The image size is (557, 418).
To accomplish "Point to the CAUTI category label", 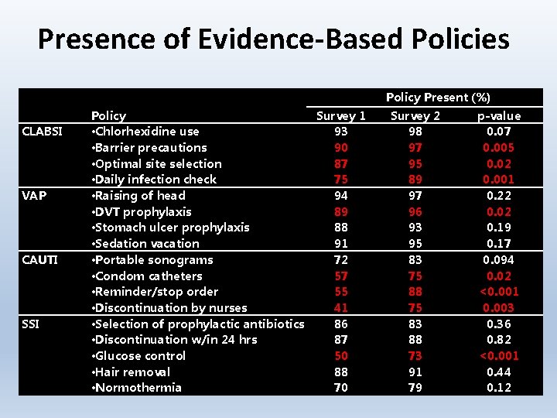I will point(39,260).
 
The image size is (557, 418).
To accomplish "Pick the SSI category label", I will point(32,324).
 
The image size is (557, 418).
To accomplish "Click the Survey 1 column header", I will point(341,116).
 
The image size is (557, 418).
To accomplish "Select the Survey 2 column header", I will point(415,116).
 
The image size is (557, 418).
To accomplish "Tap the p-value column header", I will point(499,116).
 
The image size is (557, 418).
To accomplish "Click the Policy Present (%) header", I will point(438,98).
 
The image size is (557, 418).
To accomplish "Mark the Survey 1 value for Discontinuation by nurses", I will point(341,308).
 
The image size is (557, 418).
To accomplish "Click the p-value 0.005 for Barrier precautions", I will point(499,148).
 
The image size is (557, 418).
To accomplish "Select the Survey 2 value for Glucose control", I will point(415,356).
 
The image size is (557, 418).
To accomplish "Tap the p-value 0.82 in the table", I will point(499,340).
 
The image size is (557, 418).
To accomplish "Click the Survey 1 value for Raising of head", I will point(341,196).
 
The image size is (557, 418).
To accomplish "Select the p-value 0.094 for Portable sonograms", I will point(499,260).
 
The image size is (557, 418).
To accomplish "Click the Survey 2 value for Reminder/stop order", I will point(415,292).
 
